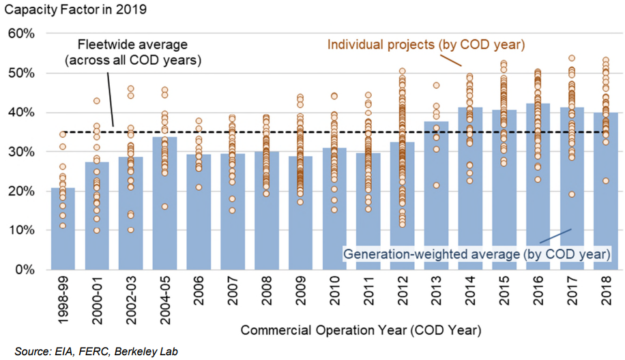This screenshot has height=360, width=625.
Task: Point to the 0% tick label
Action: (x=28, y=270)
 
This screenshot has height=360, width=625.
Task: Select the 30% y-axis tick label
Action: (x=25, y=152)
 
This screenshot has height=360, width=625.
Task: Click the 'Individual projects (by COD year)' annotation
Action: (x=426, y=45)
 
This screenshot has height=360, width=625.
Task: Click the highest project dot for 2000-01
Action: (x=97, y=101)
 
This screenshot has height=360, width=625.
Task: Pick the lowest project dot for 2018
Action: (x=605, y=181)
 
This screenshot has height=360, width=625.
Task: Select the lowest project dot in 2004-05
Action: (x=164, y=207)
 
